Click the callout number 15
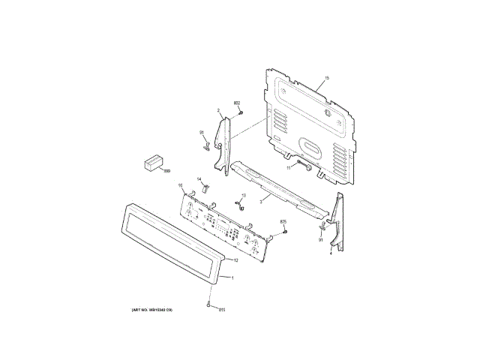point(327,78)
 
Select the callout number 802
point(237,103)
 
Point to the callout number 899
point(166,171)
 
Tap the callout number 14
point(200,178)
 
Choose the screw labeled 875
point(286,233)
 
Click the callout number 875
point(283,223)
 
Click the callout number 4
point(331,253)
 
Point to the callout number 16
point(180,185)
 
